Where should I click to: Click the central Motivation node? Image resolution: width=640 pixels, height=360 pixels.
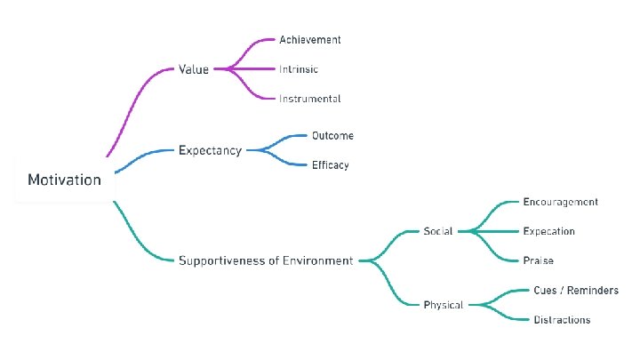click(x=64, y=180)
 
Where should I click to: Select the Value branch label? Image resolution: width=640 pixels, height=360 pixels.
click(x=194, y=69)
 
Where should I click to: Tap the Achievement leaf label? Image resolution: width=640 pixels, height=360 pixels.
click(x=309, y=40)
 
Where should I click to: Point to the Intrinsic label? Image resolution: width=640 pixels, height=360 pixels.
click(x=299, y=69)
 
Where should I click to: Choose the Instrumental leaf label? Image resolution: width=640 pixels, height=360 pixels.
click(x=309, y=99)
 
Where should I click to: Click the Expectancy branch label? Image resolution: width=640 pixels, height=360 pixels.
click(x=210, y=150)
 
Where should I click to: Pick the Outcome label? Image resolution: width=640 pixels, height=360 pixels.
click(x=332, y=136)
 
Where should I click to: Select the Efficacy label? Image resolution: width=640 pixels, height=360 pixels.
click(x=330, y=165)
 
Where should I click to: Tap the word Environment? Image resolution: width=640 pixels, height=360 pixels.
click(x=317, y=260)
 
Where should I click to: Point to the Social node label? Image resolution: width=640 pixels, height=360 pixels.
click(x=437, y=231)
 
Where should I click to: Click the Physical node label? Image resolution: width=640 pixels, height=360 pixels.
click(x=443, y=305)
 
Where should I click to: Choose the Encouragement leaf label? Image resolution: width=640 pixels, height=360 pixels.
click(x=560, y=202)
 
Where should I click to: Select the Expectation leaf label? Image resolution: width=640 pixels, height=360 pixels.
click(x=548, y=231)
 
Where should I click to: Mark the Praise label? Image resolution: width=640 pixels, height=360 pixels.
click(x=538, y=260)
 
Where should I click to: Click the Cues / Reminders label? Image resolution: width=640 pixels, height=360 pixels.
click(x=575, y=291)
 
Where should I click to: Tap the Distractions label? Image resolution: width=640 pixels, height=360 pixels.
click(x=561, y=320)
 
